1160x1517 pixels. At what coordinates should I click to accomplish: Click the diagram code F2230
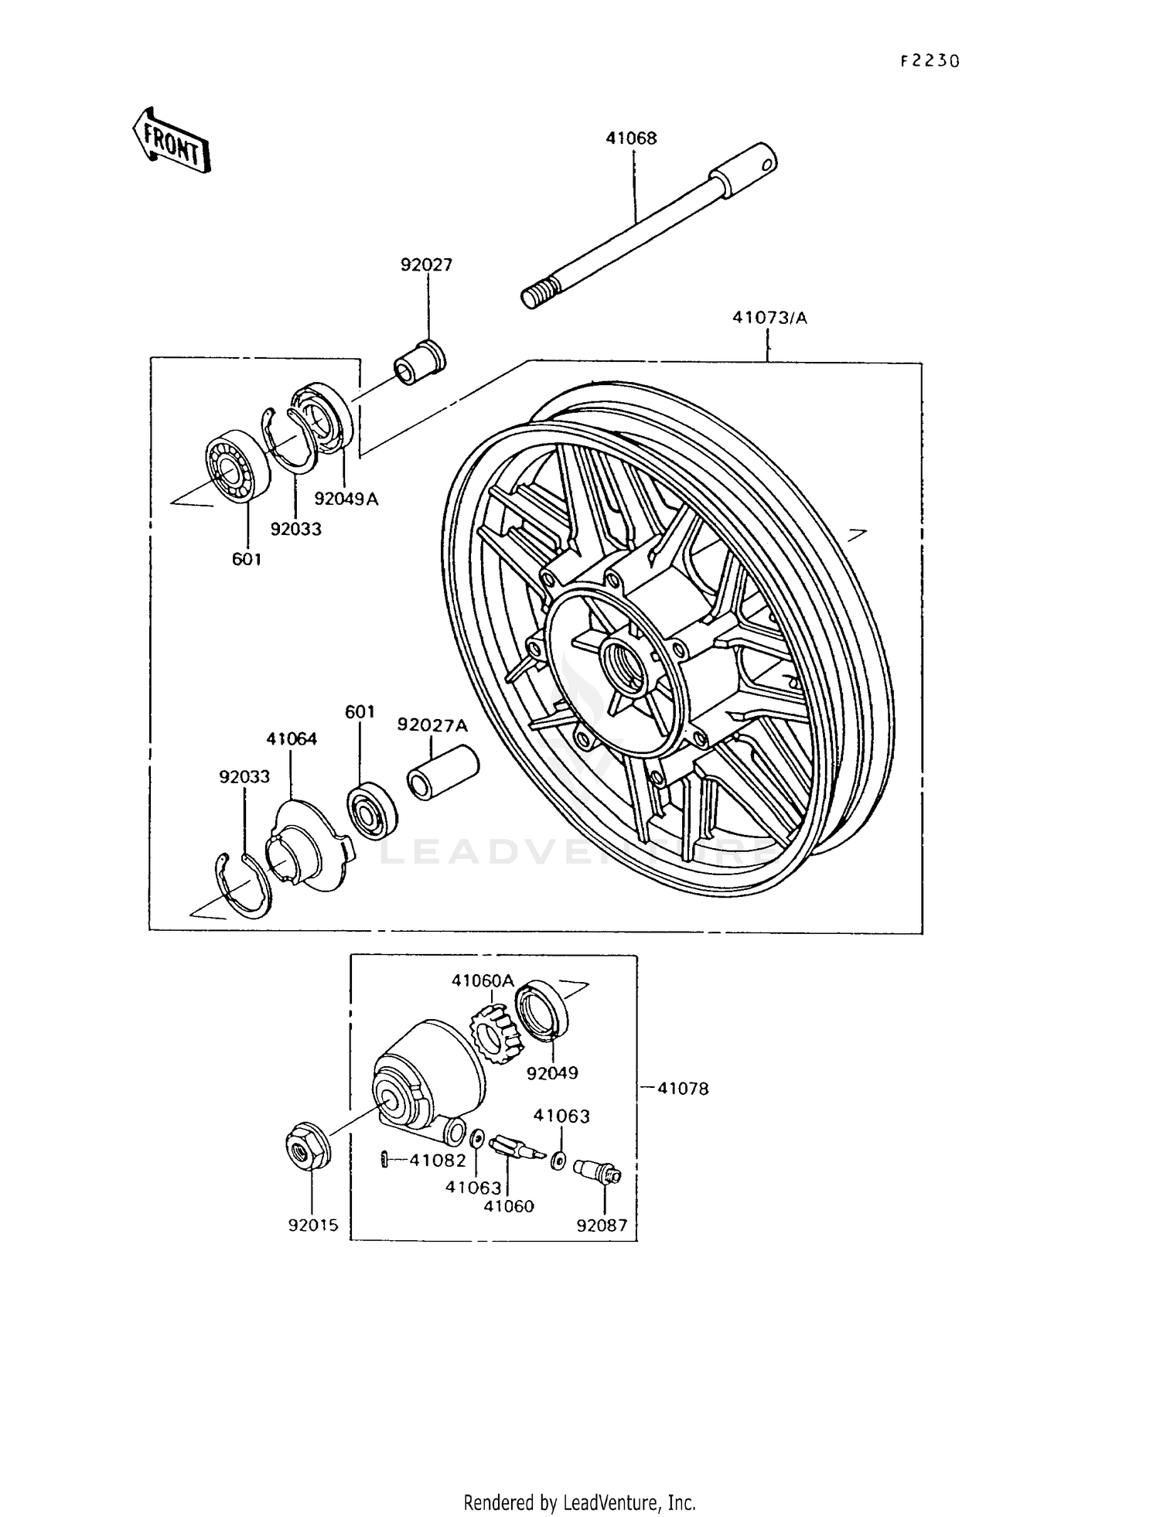[x=929, y=61]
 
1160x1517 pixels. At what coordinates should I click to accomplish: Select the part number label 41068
[x=631, y=138]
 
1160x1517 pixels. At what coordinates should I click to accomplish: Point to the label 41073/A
[x=769, y=318]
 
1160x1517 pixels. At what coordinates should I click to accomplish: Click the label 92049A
[x=346, y=499]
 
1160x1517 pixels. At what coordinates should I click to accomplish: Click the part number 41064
[x=292, y=738]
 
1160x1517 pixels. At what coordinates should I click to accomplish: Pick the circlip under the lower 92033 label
[x=243, y=885]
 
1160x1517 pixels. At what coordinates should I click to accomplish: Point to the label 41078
[x=682, y=1088]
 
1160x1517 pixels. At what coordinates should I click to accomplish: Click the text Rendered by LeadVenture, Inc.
[x=579, y=1502]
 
